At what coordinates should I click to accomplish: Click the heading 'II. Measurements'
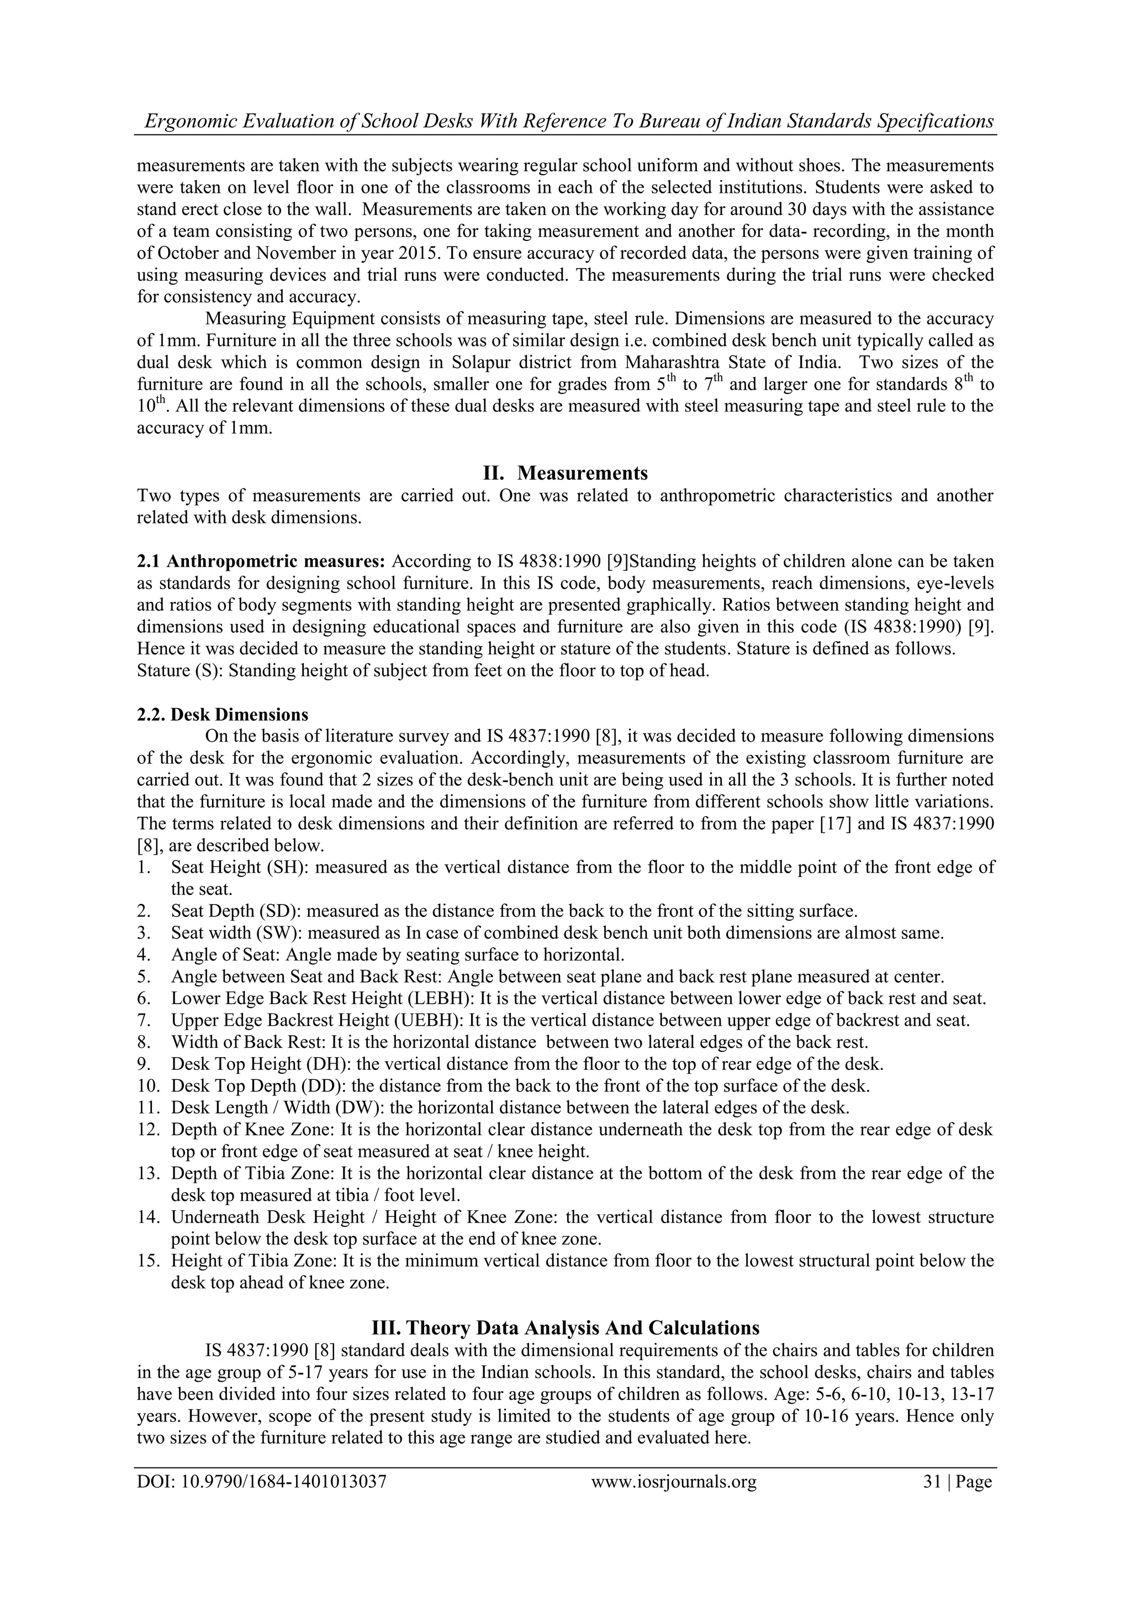565,473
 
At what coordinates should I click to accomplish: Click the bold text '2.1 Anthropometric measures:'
261,561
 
